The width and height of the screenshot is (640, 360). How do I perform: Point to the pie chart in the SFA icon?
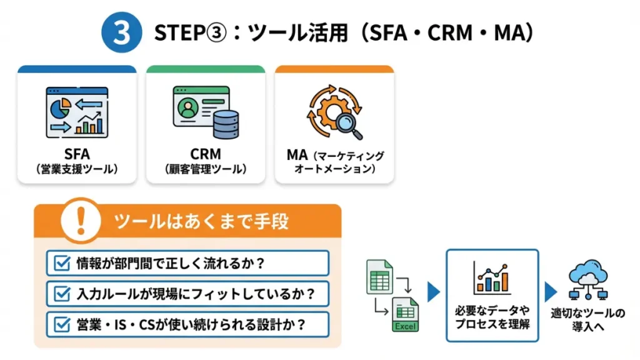[59, 106]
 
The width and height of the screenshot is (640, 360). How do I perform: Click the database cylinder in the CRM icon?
[226, 123]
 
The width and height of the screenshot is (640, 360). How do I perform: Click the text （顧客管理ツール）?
[206, 169]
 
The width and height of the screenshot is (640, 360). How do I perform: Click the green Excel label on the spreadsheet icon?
[405, 326]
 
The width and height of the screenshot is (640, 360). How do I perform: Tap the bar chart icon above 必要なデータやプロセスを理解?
[491, 278]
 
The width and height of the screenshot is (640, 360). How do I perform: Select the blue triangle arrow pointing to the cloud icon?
[551, 291]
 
